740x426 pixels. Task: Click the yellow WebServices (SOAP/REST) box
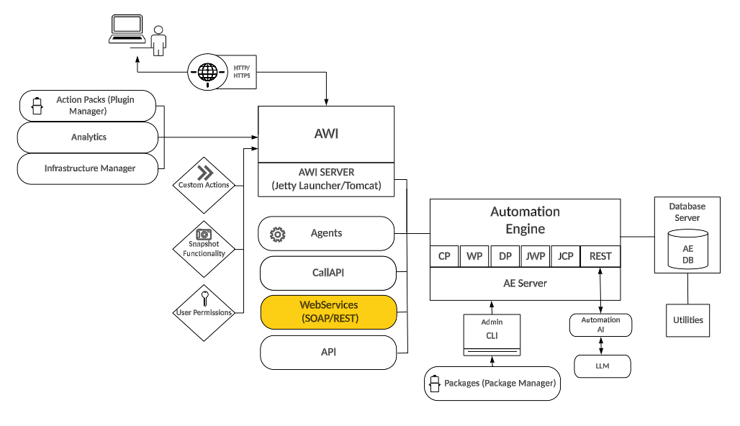328,312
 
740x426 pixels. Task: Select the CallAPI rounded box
328,273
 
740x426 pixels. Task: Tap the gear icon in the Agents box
277,234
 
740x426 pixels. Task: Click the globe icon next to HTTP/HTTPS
207,72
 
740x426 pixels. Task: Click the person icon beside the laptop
158,40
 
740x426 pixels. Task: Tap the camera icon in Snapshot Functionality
204,235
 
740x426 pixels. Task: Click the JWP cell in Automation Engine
536,256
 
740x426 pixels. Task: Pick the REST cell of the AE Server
600,256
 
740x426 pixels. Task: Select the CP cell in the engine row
444,256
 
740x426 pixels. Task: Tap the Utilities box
687,319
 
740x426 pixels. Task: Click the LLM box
602,366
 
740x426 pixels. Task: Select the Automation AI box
600,325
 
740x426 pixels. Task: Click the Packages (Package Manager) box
492,384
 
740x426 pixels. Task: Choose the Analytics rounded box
88,137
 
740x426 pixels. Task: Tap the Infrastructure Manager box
88,168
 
